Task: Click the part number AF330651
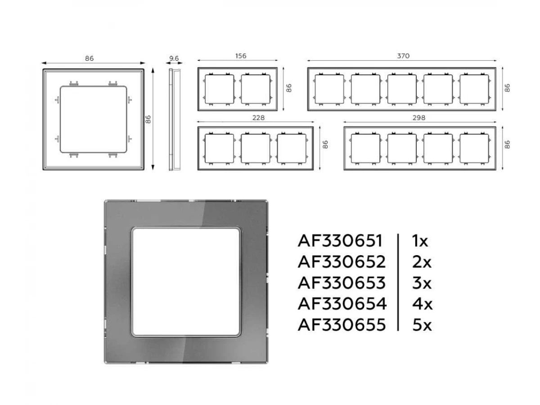tap(340, 241)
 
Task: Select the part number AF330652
tap(342, 262)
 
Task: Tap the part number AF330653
tap(342, 283)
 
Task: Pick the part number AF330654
tap(342, 304)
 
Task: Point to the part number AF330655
tap(342, 325)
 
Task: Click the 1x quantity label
tap(420, 241)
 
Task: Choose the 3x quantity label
tap(422, 283)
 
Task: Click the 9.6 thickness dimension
tap(174, 58)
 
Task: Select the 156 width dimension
tap(241, 56)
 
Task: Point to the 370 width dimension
tap(403, 56)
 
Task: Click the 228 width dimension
tap(258, 118)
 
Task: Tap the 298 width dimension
tap(418, 118)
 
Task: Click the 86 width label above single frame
tap(89, 58)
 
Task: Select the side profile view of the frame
tap(175, 120)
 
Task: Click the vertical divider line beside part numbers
tap(398, 283)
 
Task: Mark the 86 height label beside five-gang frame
tap(507, 88)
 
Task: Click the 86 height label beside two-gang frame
tap(289, 88)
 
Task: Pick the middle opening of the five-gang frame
tap(402, 89)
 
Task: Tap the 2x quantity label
tap(422, 262)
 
